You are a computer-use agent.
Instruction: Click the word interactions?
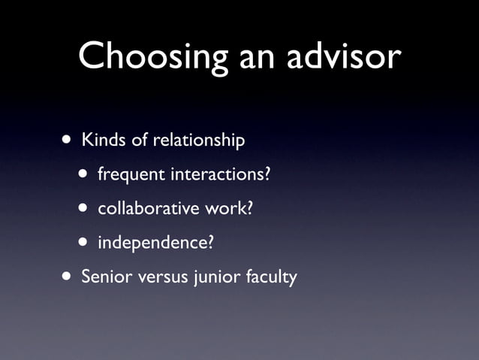point(221,174)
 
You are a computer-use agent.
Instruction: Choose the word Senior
point(104,277)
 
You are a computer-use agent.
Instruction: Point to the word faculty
point(271,277)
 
